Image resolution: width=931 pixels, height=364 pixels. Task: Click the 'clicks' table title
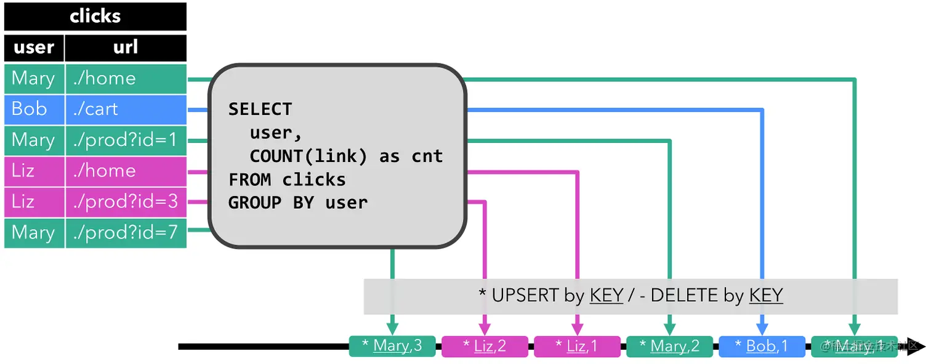[95, 17]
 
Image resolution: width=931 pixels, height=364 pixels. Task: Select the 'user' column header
[34, 47]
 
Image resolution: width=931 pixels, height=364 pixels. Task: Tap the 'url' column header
[126, 47]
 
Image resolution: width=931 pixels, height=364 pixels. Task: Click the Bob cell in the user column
[34, 109]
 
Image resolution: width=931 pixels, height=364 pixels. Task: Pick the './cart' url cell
[126, 109]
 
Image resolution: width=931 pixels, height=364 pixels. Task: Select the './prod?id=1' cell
[126, 140]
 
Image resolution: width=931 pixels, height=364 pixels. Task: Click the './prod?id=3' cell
[126, 201]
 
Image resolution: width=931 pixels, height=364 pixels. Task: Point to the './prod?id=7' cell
[126, 232]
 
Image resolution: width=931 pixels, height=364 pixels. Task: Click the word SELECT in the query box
[260, 110]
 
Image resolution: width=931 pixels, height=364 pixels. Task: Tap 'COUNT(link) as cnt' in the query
[346, 156]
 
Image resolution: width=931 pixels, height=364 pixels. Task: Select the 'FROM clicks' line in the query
[287, 180]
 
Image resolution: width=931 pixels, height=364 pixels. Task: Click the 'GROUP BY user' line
[298, 203]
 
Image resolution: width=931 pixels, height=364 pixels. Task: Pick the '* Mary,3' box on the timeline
[392, 346]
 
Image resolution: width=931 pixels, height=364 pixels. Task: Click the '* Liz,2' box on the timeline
[485, 346]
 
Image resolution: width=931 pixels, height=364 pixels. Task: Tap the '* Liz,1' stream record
[577, 346]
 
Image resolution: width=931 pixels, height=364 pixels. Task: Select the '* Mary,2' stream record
[669, 346]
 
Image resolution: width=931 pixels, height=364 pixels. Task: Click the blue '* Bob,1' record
[762, 346]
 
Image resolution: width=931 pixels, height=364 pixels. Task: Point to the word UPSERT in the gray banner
[525, 296]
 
